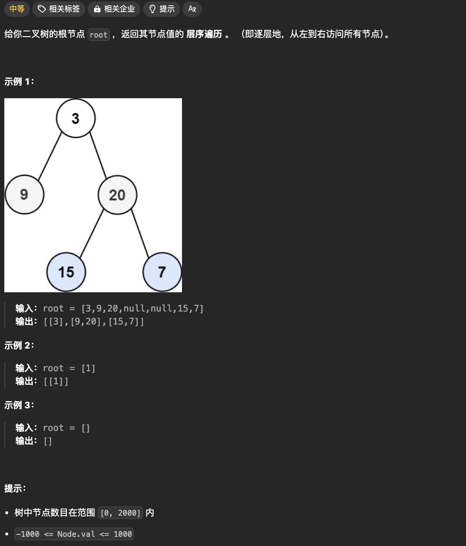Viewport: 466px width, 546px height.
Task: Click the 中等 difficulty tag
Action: (x=17, y=9)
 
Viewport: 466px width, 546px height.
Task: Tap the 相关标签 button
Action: (x=59, y=9)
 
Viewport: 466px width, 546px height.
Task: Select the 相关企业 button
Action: (x=114, y=9)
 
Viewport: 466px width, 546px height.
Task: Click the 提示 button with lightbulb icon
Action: (x=161, y=9)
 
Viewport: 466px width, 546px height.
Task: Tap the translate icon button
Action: (x=192, y=9)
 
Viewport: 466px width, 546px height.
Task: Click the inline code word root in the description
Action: (x=99, y=35)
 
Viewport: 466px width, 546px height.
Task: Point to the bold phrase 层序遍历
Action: (x=204, y=35)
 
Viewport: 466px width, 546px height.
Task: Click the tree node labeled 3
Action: (x=76, y=118)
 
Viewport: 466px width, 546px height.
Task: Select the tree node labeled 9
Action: (x=24, y=195)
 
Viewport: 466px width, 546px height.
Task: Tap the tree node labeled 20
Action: (x=117, y=195)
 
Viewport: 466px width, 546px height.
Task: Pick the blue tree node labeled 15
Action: (x=66, y=272)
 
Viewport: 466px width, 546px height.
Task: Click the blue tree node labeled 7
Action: (x=162, y=272)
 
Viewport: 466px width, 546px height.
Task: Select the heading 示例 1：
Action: (x=19, y=81)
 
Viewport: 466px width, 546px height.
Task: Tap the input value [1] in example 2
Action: (x=88, y=368)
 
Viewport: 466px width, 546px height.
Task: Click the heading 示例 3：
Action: (x=19, y=405)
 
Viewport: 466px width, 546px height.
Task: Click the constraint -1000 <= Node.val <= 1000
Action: (x=74, y=534)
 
